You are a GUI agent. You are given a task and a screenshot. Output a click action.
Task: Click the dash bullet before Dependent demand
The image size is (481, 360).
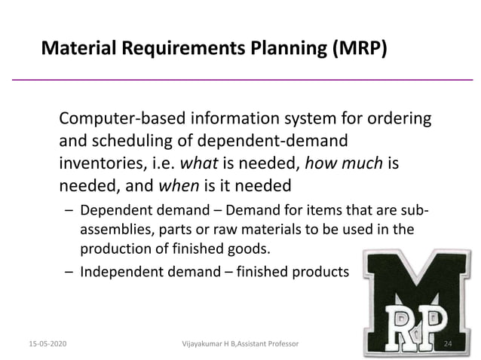click(69, 210)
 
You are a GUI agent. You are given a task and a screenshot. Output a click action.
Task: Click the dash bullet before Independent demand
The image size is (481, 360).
click(69, 273)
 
